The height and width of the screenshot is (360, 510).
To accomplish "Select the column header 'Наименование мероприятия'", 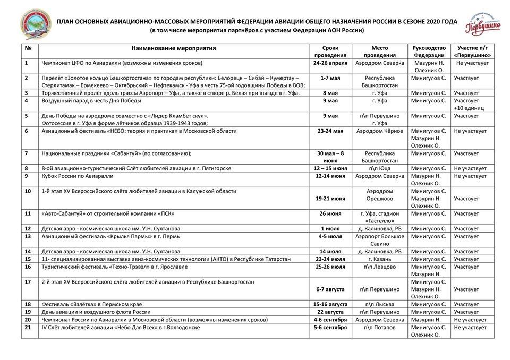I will (x=174, y=48).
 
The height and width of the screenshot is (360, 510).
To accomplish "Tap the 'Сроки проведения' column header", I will (x=330, y=51).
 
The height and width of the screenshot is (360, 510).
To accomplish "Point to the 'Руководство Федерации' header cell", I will (x=429, y=51).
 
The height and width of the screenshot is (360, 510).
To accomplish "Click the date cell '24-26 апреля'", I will (x=330, y=63).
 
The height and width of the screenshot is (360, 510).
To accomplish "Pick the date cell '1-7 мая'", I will (x=330, y=78).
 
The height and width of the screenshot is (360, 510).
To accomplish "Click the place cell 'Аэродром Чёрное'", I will (x=379, y=131).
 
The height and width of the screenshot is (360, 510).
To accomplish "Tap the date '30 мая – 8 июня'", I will (x=330, y=157).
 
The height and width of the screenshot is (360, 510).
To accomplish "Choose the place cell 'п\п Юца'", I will (x=379, y=168).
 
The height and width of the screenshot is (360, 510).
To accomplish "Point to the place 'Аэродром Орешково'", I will (x=379, y=195).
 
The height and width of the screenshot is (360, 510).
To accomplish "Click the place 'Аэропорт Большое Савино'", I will (x=379, y=240).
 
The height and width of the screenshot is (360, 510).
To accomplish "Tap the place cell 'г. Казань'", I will (x=379, y=259).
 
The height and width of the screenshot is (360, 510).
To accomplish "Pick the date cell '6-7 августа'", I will (x=330, y=289).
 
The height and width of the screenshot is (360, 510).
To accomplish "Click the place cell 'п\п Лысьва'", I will (x=379, y=304).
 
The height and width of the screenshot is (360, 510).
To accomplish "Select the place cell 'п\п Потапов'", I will (x=379, y=328).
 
